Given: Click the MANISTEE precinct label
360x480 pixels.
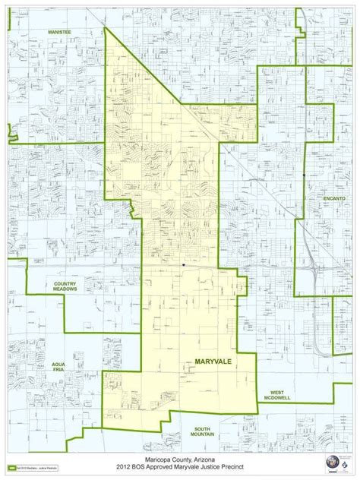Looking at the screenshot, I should click(x=58, y=33).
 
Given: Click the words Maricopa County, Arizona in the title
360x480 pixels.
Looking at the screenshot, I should click(x=180, y=460).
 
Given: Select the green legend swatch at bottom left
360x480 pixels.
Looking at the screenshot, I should click(x=13, y=466).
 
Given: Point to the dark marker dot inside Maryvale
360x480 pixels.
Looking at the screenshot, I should click(x=183, y=265).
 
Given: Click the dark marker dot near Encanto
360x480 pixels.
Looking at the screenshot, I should click(x=304, y=175).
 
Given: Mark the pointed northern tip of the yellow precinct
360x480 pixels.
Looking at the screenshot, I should click(x=105, y=28).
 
